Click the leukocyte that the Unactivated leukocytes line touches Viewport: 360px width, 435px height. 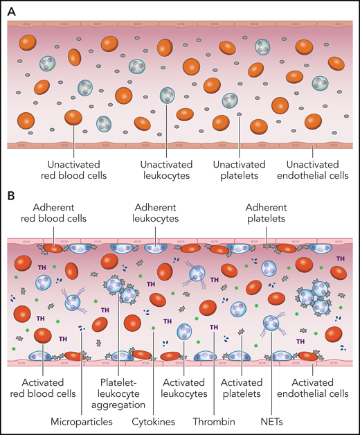click(x=167, y=96)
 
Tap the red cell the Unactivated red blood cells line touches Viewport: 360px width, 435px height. click(x=73, y=118)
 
